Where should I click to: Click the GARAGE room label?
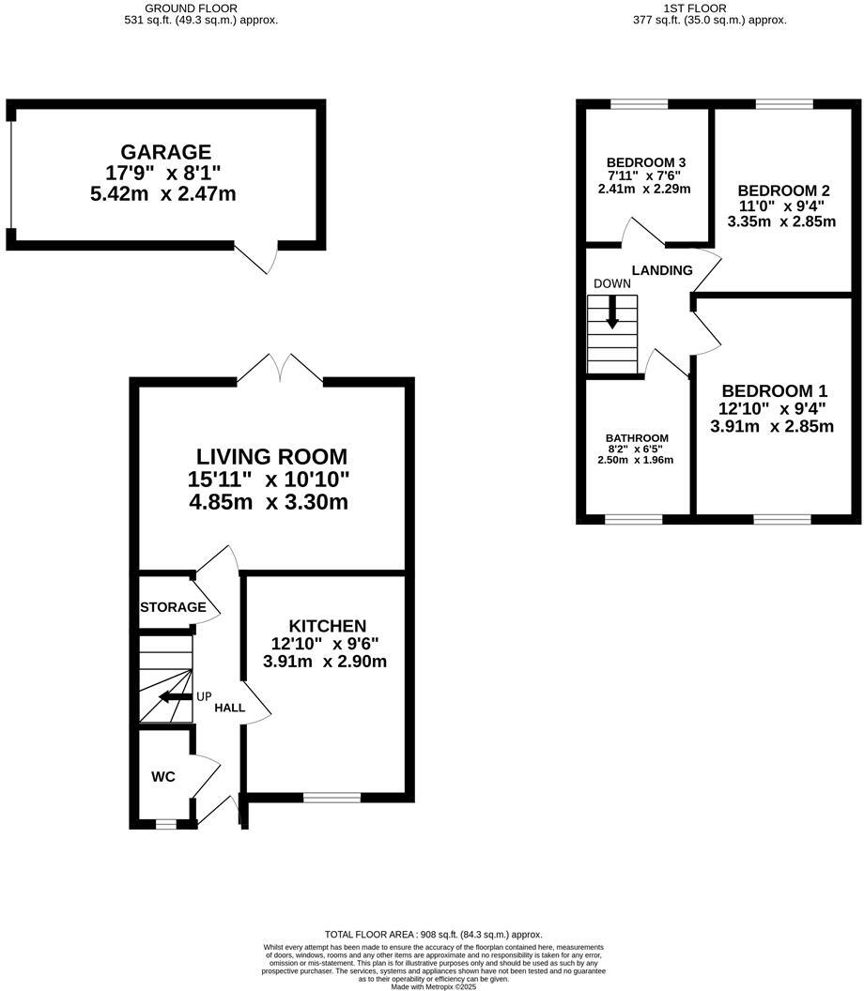(x=165, y=152)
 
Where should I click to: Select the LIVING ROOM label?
(x=271, y=457)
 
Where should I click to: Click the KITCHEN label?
(x=327, y=626)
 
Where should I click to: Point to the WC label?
(x=163, y=777)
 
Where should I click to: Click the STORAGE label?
(x=173, y=607)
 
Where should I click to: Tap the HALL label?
(x=229, y=708)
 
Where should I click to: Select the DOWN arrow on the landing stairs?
(x=612, y=313)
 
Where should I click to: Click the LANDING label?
(x=661, y=270)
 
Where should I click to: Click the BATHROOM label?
(x=636, y=438)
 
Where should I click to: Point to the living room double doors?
(x=280, y=369)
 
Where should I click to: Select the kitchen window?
(x=332, y=798)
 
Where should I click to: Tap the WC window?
(x=165, y=825)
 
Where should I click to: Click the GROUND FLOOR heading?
(x=191, y=8)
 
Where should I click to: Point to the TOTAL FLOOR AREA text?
(x=433, y=935)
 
